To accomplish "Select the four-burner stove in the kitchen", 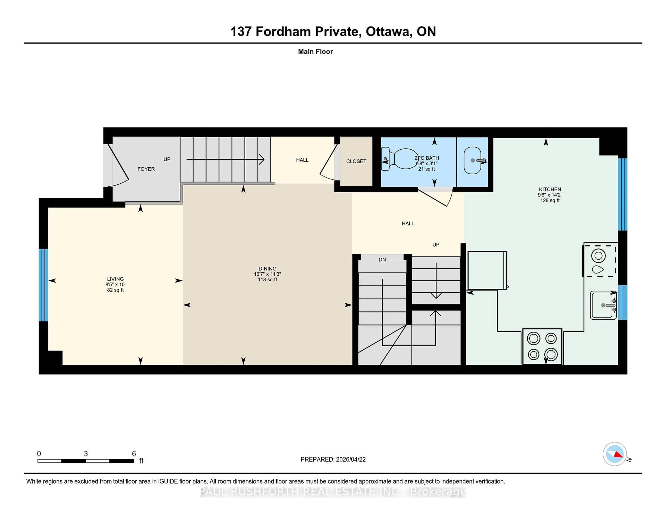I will [542, 346].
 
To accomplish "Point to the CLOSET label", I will [356, 161].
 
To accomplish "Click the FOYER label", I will [146, 169].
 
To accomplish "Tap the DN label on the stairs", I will [382, 260].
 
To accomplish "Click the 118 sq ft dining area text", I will [267, 280].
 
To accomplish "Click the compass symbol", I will [614, 454].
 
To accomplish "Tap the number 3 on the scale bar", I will [86, 454].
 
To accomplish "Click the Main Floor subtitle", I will [315, 52].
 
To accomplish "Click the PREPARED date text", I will [333, 459].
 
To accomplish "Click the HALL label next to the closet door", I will [302, 160].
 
